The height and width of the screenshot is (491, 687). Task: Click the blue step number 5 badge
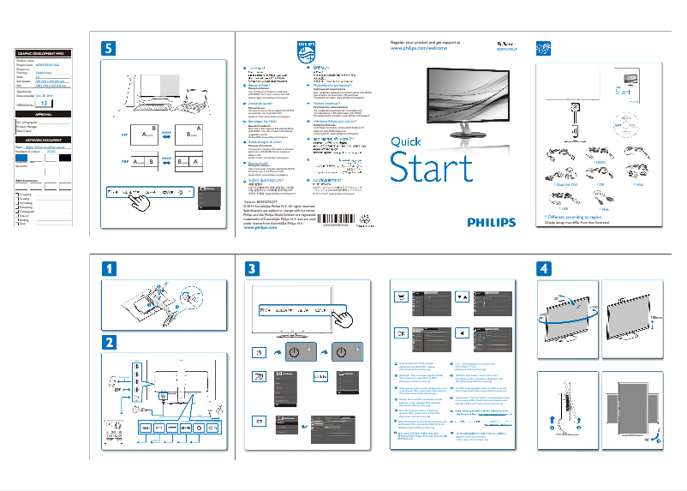(107, 49)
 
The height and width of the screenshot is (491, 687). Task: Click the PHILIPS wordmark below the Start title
(491, 222)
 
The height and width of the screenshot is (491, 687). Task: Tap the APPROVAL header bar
(44, 113)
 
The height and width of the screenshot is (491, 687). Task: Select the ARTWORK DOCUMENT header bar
(44, 141)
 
